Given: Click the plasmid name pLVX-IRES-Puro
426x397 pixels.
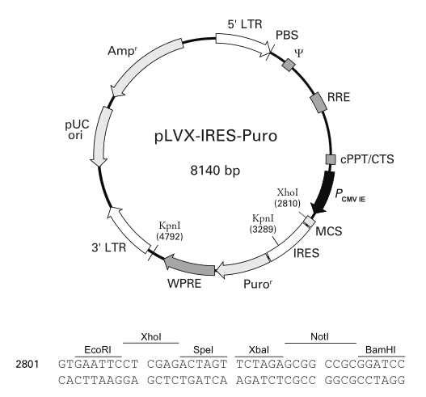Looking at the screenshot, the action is click(216, 136).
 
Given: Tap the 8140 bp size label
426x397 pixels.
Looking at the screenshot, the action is click(215, 171).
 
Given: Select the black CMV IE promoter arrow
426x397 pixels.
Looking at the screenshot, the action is click(324, 192).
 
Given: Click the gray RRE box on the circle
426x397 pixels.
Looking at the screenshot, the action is click(319, 103).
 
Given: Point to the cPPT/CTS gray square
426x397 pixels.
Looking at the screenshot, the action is click(331, 159).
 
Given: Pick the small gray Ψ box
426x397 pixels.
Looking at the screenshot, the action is click(289, 65).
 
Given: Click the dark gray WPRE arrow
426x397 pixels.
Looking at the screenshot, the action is click(189, 265).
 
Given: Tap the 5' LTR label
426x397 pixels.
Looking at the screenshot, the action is click(245, 24).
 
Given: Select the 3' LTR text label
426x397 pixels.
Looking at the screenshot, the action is click(109, 247).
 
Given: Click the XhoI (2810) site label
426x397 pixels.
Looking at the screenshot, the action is click(288, 198).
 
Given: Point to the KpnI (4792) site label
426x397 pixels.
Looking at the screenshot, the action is click(170, 231).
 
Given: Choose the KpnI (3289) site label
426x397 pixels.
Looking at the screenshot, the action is click(263, 224).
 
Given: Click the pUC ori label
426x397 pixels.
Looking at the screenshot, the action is click(77, 129).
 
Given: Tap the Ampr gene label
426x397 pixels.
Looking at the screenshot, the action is click(121, 51).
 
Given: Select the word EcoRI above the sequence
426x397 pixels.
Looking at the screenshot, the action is click(98, 350).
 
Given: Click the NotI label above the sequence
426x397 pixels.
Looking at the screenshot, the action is click(319, 337).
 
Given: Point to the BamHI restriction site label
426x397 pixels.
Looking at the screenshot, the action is click(381, 350).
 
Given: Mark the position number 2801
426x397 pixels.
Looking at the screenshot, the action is click(27, 365).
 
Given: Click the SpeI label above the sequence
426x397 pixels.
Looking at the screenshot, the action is click(203, 350).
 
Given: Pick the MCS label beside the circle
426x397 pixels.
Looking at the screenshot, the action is click(329, 231).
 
